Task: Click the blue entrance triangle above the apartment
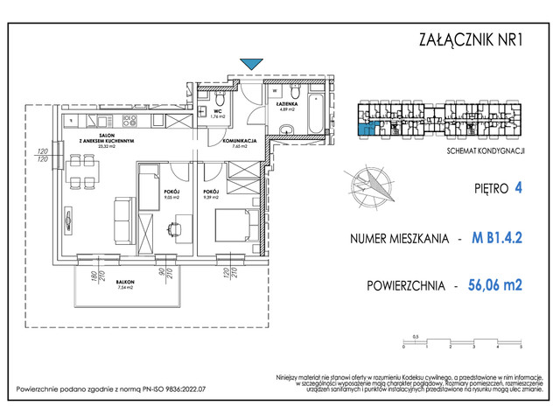coord(250,63)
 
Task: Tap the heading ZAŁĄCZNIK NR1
coord(470,38)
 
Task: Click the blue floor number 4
coord(519,187)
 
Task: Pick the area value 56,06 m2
coord(500,284)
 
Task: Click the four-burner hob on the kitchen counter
coord(131,120)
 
